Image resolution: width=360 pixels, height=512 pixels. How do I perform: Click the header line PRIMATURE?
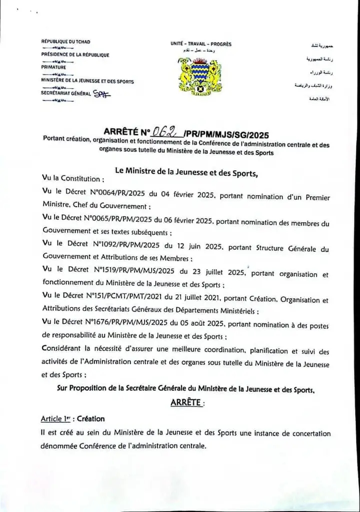(53, 67)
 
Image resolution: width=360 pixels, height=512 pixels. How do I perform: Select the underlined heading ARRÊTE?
(187, 402)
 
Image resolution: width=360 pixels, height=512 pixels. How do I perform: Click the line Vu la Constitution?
(73, 179)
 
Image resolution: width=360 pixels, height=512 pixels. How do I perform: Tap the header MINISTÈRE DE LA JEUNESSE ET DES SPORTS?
(87, 80)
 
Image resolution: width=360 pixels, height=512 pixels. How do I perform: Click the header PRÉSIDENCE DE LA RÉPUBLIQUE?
(75, 55)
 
